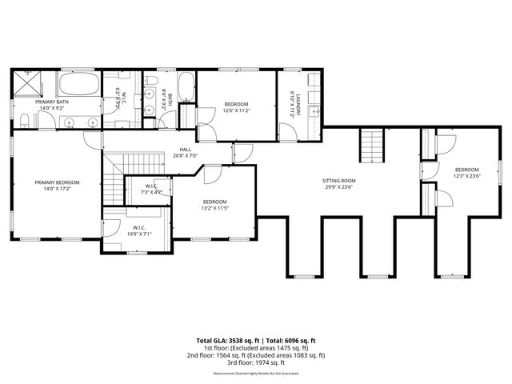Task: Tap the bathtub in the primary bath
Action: (78, 85)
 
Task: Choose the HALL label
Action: (185, 149)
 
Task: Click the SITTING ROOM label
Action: (339, 181)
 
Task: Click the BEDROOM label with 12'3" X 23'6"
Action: (466, 170)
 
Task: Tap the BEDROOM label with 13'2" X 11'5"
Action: (214, 202)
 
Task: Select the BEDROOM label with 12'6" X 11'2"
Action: (236, 104)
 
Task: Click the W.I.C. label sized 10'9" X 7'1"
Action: (138, 226)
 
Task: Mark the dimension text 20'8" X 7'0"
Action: (185, 156)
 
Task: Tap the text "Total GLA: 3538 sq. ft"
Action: (228, 340)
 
